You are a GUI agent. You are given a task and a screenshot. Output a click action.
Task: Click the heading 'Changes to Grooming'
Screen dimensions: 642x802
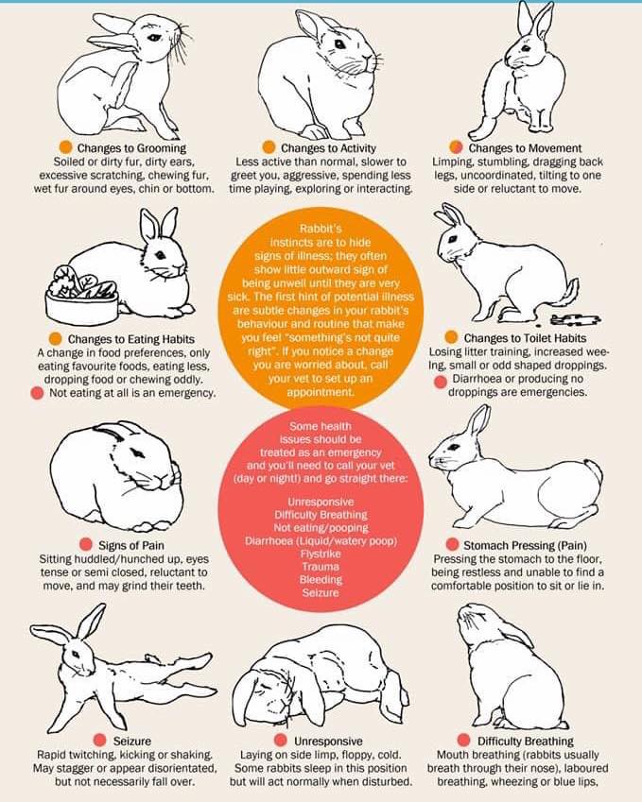[131, 147]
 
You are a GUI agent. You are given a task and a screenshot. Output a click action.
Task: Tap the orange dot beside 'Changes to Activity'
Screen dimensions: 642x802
[269, 147]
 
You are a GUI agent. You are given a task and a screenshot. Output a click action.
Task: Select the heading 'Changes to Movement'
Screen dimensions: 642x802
[525, 147]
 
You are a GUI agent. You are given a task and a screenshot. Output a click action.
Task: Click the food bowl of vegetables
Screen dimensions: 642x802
[82, 296]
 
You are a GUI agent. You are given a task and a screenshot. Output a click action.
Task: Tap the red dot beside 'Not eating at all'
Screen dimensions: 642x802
[37, 393]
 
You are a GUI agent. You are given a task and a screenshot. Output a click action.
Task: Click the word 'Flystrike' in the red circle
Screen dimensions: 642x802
[321, 554]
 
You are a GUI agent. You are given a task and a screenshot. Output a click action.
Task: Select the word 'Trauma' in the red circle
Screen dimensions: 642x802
[321, 567]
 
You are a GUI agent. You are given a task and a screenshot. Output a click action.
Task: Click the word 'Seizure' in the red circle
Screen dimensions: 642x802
[321, 593]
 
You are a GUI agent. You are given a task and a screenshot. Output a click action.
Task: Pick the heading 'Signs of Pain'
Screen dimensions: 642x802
[131, 545]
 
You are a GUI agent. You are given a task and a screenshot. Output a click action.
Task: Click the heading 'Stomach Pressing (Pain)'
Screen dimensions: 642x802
[526, 545]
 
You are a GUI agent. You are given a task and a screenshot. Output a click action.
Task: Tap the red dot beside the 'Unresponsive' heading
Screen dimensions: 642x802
[281, 740]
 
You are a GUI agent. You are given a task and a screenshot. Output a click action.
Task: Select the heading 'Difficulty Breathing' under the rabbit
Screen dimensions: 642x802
[526, 742]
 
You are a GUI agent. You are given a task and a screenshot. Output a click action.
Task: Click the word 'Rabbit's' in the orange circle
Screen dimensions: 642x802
[321, 229]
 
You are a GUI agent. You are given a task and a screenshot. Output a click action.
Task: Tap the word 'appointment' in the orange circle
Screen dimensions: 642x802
[320, 392]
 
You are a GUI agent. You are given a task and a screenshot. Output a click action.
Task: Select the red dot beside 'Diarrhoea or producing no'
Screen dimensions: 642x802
[441, 382]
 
